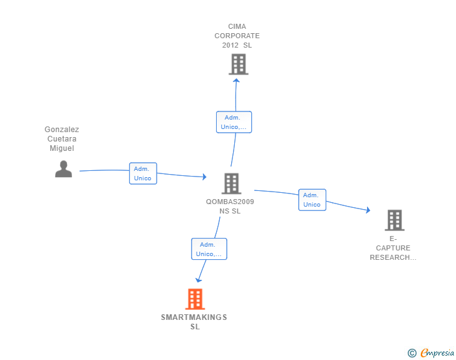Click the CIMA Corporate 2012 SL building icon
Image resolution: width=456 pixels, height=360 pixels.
pyautogui.click(x=238, y=64)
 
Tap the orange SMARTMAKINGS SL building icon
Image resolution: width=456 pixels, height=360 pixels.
pyautogui.click(x=195, y=299)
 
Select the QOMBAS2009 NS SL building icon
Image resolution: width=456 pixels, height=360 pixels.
pyautogui.click(x=231, y=183)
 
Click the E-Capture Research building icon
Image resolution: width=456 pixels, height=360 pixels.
pyautogui.click(x=394, y=220)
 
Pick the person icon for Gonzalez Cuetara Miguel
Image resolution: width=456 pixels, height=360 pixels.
pyautogui.click(x=63, y=169)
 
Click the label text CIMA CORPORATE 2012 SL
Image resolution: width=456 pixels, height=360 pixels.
pyautogui.click(x=237, y=36)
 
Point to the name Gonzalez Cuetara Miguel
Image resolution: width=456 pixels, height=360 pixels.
pyautogui.click(x=62, y=139)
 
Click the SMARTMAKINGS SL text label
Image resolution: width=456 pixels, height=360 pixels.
pyautogui.click(x=194, y=322)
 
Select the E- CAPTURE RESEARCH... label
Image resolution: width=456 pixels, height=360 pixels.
pyautogui.click(x=393, y=248)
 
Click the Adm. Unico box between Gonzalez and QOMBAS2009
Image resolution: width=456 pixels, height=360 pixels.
pyautogui.click(x=143, y=173)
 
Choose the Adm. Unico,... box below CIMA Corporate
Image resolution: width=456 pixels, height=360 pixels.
pyautogui.click(x=234, y=122)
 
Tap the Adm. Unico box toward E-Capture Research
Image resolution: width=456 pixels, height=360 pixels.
pyautogui.click(x=312, y=200)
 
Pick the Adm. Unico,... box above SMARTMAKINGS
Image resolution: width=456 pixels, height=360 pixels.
pyautogui.click(x=209, y=249)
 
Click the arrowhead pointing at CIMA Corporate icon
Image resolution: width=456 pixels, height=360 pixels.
pyautogui.click(x=236, y=80)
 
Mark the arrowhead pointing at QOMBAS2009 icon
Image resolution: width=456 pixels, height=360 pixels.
pyautogui.click(x=204, y=177)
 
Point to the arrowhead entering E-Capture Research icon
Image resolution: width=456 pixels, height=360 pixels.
pyautogui.click(x=368, y=211)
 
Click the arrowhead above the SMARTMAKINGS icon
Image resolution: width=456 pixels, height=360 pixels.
pyautogui.click(x=199, y=280)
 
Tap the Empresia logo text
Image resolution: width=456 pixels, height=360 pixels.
pyautogui.click(x=437, y=353)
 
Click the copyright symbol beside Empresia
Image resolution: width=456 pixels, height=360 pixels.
pyautogui.click(x=412, y=353)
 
